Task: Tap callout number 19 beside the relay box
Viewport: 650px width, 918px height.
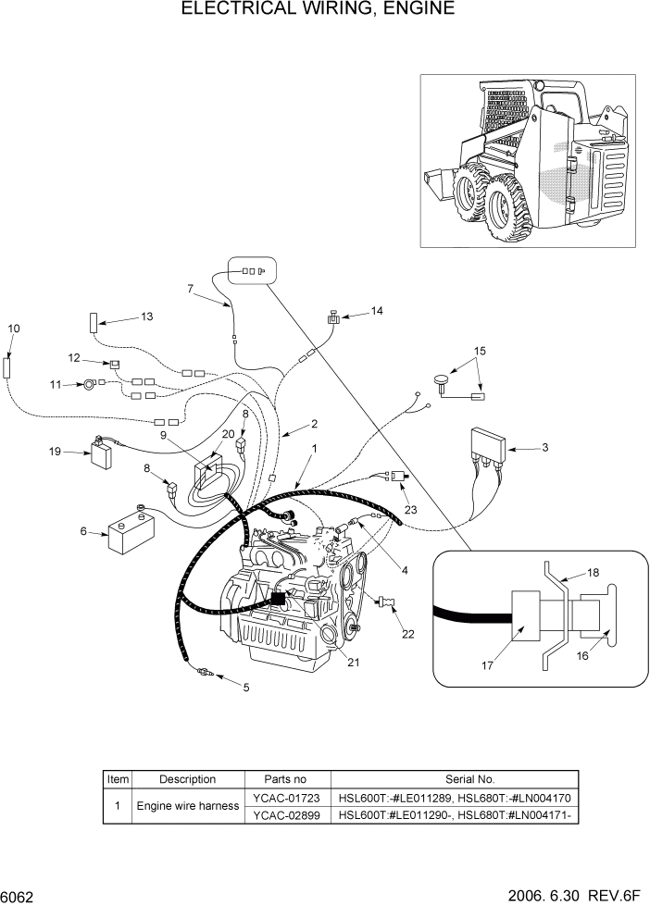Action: tap(54, 452)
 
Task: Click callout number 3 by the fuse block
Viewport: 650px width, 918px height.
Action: tap(544, 448)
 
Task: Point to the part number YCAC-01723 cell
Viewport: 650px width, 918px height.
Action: tap(287, 797)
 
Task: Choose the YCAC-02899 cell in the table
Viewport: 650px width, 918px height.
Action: tap(287, 814)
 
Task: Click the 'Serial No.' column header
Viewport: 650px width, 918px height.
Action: tap(455, 779)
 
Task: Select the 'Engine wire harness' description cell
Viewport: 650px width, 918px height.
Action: tap(187, 806)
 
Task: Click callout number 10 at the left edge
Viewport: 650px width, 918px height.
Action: tap(13, 329)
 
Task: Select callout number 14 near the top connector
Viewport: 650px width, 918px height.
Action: tap(376, 312)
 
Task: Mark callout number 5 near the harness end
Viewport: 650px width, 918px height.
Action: tap(245, 688)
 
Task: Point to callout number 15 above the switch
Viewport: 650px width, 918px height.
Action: tap(480, 352)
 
